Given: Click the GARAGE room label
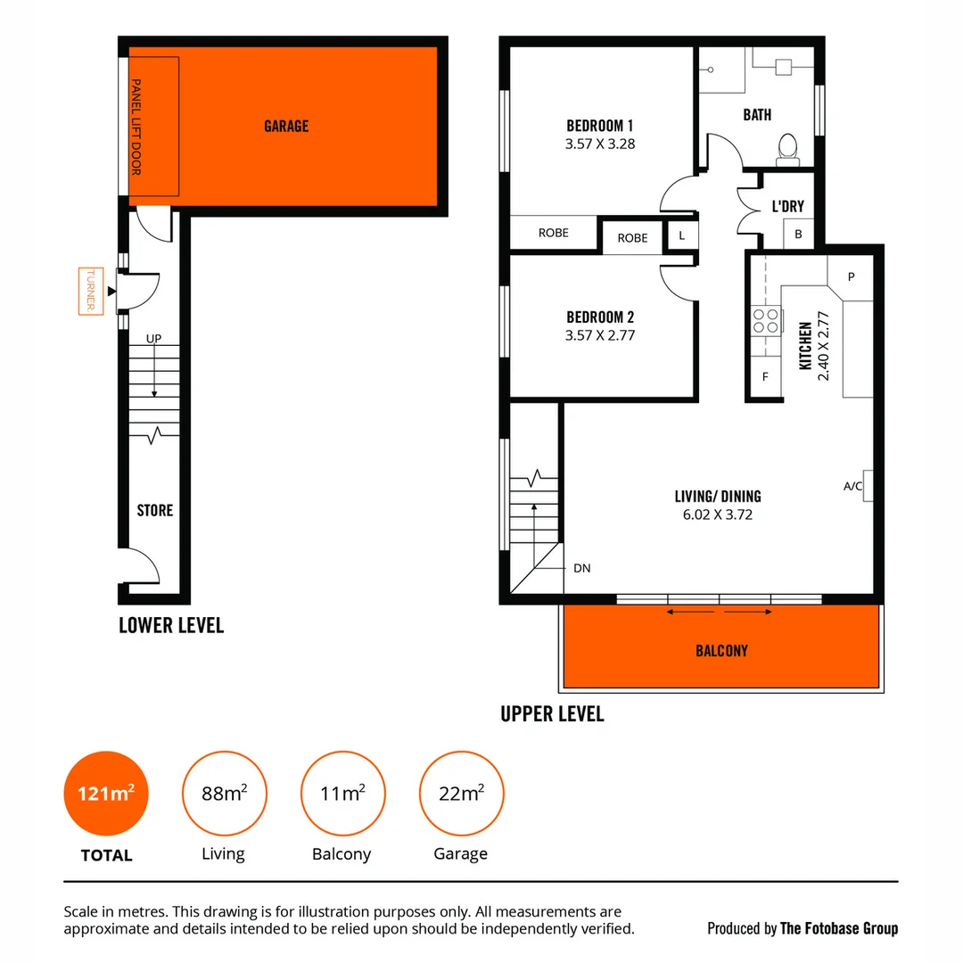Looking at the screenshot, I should tap(286, 127).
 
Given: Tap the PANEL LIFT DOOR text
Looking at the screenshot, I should tap(136, 127).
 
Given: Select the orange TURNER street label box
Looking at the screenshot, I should tap(91, 291).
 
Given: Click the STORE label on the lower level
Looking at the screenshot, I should tap(154, 511).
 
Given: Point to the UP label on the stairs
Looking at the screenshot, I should tap(154, 339).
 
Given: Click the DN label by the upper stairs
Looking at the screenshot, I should tap(581, 568).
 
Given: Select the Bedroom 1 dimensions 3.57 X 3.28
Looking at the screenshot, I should tap(600, 144).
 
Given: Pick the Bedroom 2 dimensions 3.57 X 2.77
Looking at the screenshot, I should tap(600, 336).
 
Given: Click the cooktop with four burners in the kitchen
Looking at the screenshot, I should tap(765, 320).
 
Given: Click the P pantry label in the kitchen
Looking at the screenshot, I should tap(851, 276).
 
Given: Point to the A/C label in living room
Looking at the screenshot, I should tap(852, 487).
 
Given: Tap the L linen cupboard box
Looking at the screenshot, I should tap(682, 236).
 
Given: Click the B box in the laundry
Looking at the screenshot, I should tap(798, 235).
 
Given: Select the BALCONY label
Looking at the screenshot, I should tap(721, 651).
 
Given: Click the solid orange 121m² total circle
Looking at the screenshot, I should tap(105, 793).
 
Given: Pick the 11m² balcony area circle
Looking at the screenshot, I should tap(342, 793).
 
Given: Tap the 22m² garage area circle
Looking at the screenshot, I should tap(461, 793).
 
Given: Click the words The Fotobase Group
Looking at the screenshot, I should tap(838, 928).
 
